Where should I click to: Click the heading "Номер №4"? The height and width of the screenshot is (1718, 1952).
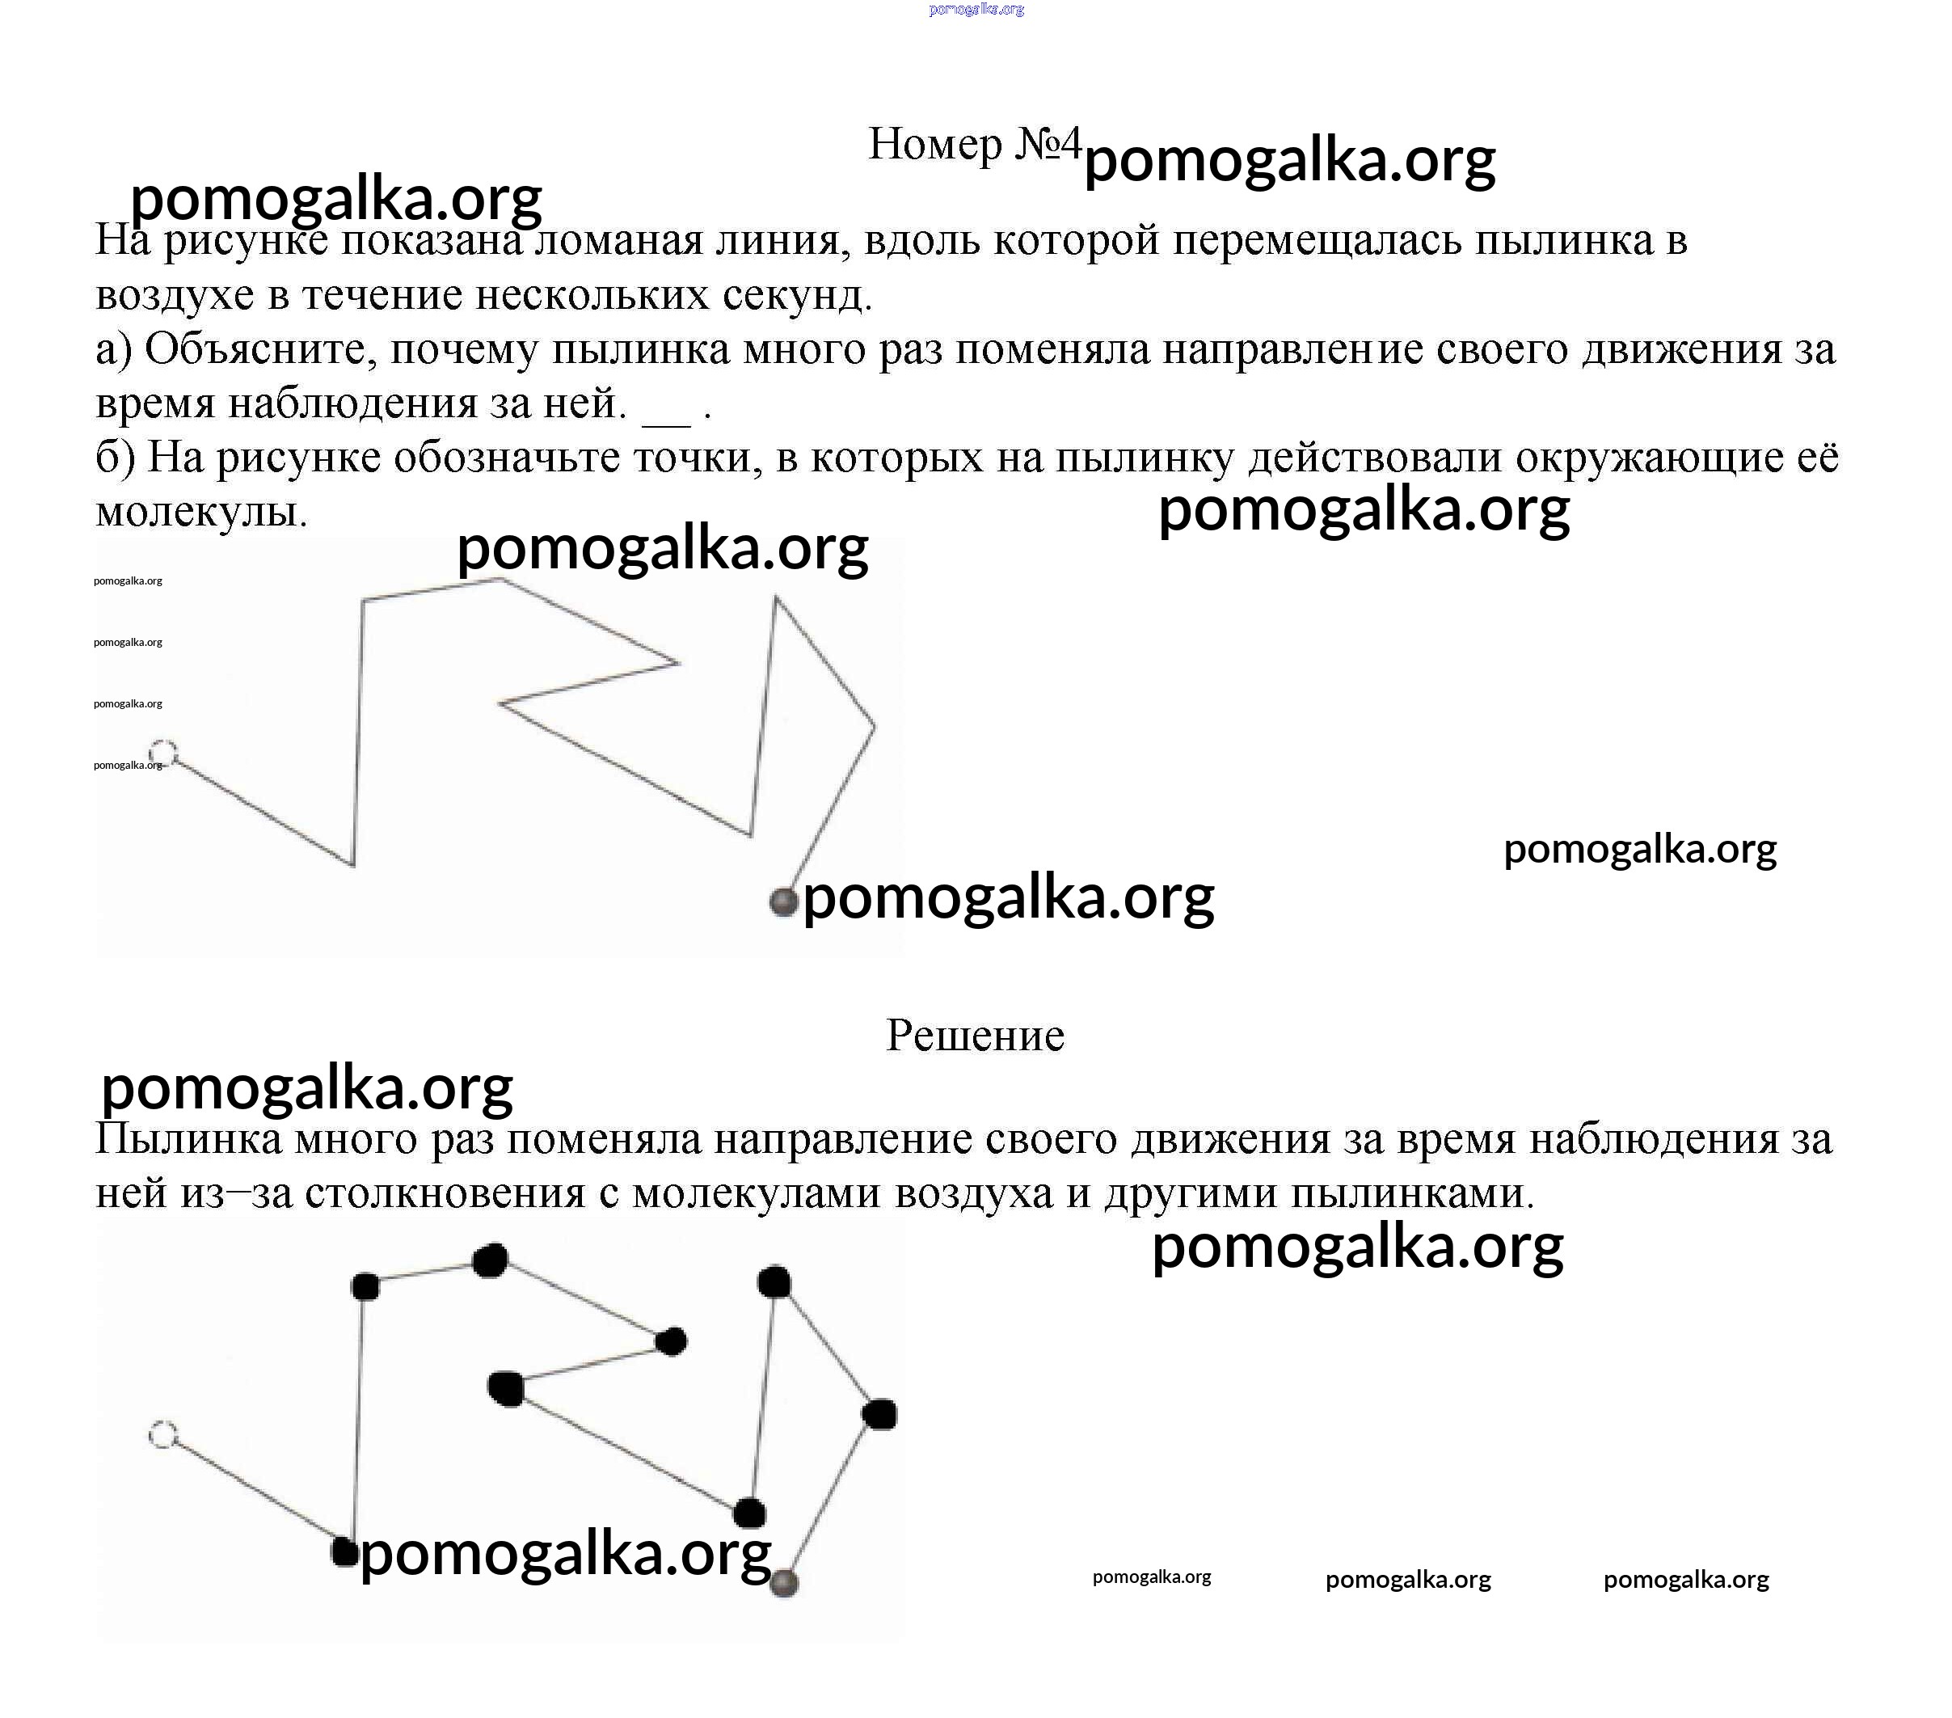974,146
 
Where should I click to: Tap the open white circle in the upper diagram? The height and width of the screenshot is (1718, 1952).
163,753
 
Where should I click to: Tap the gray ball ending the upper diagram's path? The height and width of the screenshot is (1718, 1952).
783,901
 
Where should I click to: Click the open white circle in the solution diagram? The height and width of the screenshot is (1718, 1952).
163,1434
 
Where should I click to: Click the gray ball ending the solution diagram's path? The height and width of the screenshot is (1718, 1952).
784,1582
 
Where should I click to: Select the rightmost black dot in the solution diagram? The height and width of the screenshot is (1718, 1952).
879,1414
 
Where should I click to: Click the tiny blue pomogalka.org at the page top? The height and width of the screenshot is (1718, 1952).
976,10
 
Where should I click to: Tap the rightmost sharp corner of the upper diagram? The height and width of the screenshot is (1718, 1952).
874,726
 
